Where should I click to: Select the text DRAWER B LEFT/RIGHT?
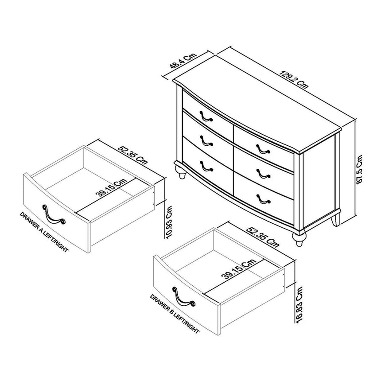[x=174, y=314]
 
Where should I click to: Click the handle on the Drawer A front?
[x=54, y=214]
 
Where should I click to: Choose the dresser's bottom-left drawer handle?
[x=206, y=167]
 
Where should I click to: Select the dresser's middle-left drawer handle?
[x=206, y=141]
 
